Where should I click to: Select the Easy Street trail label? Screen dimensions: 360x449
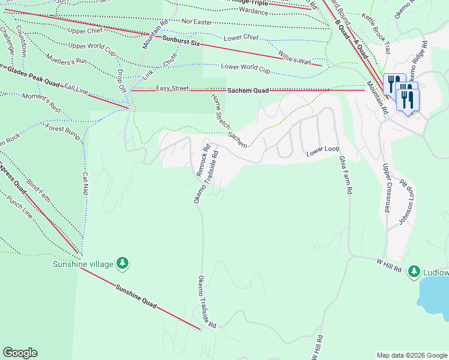coord(172,89)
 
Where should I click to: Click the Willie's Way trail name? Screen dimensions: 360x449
coord(294,58)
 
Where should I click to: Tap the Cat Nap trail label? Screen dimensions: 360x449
coord(85,185)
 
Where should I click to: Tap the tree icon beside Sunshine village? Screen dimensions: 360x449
coord(122,263)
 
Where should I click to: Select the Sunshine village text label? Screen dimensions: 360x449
coord(83,263)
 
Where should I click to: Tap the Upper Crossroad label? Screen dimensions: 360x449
coord(386,189)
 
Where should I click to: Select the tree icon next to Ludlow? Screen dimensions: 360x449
coord(414,272)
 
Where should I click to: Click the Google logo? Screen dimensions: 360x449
coord(20,353)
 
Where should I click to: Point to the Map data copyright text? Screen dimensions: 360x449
coord(411,355)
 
